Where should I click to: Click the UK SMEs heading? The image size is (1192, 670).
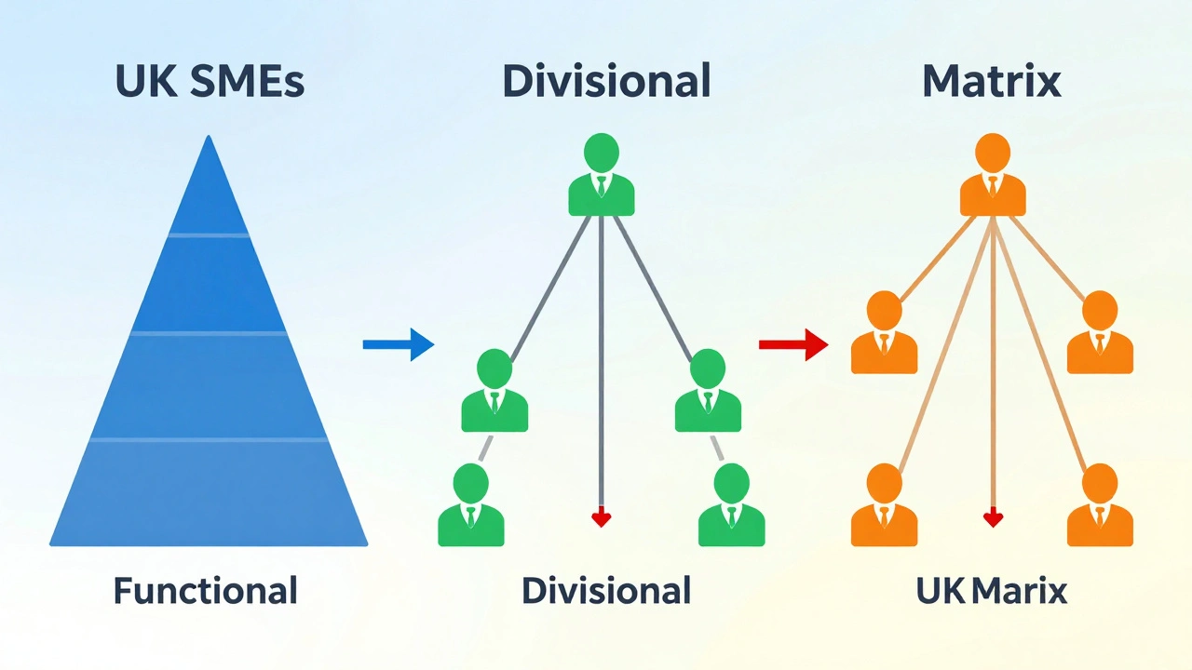pos(210,82)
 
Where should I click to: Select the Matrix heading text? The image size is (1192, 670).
pos(991,82)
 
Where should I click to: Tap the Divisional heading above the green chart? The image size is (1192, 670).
pos(606,82)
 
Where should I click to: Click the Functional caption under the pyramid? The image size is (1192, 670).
pos(206,590)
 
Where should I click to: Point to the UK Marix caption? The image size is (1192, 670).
pos(991,590)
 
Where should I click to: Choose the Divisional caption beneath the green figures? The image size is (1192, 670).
pos(606,590)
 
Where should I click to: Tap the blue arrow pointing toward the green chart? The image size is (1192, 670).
pos(398,344)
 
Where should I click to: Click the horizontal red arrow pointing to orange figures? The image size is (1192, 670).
pos(793,344)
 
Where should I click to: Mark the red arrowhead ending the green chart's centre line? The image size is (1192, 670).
pos(601,517)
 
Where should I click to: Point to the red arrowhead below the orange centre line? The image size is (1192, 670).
pos(993,517)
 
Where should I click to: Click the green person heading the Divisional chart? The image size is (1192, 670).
pos(602,177)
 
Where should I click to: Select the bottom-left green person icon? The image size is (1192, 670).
pos(471,507)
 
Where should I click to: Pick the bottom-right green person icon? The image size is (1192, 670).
pos(731,507)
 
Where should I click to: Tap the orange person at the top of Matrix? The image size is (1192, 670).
pos(993,177)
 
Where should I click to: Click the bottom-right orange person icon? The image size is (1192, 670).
pos(1100,507)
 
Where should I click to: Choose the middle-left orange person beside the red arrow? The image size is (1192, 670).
pos(885,335)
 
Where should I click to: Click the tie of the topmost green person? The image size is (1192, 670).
pos(602,186)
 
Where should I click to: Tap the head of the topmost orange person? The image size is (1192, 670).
pos(993,151)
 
